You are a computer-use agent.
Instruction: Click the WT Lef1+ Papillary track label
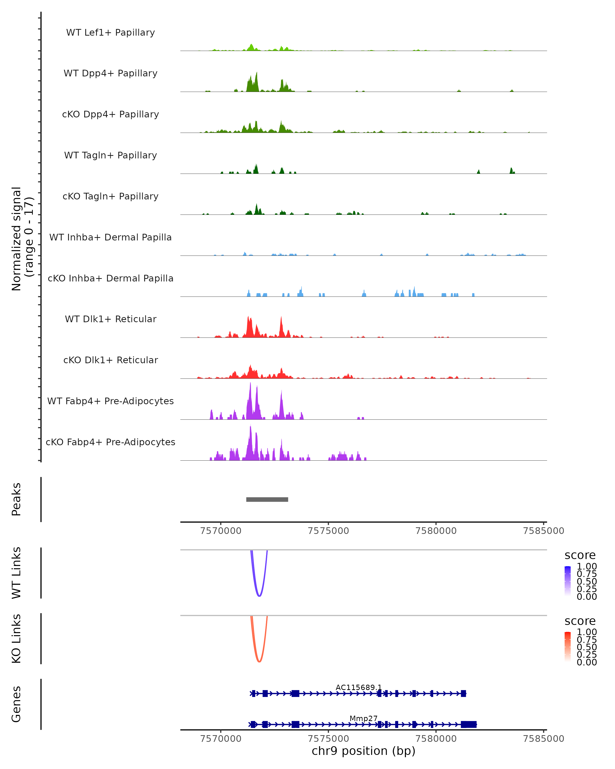[110, 33]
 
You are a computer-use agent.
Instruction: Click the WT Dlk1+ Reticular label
[110, 319]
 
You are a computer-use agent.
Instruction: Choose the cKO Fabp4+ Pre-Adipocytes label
[110, 442]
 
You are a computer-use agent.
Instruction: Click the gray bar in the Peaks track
[267, 499]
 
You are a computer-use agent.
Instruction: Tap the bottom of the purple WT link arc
[259, 596]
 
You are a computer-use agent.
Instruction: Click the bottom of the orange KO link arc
[259, 661]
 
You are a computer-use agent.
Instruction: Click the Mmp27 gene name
[363, 718]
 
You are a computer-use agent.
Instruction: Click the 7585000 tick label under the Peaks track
[543, 531]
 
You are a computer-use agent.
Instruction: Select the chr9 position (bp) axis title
[363, 751]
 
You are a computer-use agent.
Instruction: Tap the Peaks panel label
[16, 499]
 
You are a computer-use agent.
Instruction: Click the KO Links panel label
[16, 639]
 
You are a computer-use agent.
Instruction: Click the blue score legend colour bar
[568, 581]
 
